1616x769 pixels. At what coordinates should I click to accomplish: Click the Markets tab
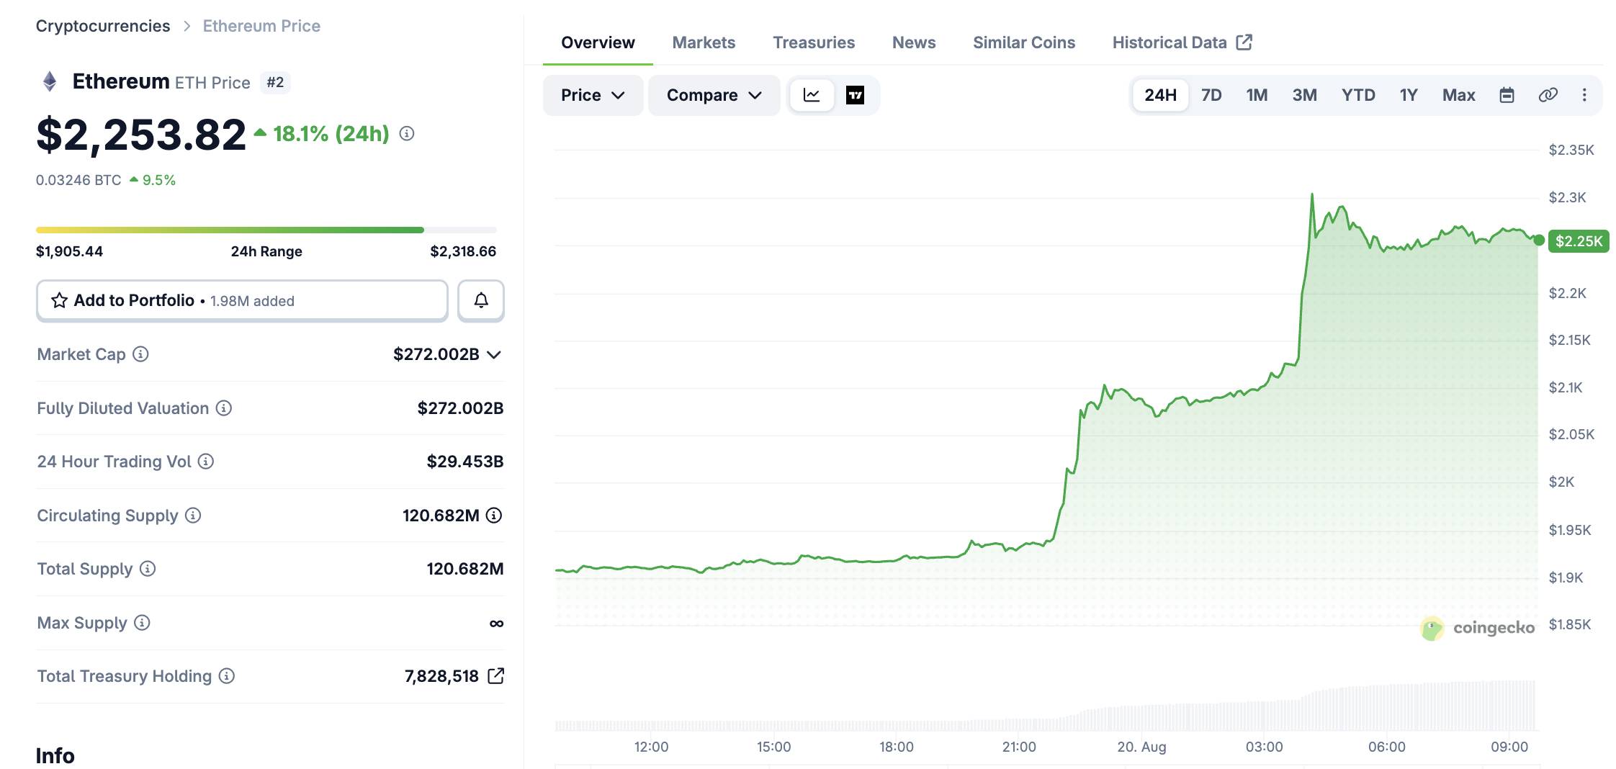[704, 42]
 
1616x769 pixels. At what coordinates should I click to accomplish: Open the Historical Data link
[1182, 42]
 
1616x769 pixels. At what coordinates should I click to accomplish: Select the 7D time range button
[1211, 95]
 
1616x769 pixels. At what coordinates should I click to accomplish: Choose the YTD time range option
[1358, 95]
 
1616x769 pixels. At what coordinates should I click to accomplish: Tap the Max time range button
[1458, 95]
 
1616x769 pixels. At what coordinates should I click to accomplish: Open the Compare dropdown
[714, 95]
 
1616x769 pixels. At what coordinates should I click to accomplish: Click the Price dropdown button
[592, 95]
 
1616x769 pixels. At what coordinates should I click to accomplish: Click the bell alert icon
[481, 300]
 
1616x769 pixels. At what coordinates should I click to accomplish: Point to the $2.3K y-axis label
[1567, 197]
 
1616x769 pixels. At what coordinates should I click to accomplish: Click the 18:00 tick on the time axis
[896, 747]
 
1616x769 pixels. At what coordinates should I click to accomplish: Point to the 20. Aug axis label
[1141, 747]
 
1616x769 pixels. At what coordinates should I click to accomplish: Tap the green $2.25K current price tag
[1579, 241]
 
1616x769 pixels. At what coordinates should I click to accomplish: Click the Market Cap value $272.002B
[436, 354]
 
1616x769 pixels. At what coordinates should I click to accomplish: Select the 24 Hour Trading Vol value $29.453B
[465, 462]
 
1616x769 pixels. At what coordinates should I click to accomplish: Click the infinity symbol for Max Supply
[496, 624]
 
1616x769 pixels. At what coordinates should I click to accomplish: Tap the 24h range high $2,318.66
[463, 251]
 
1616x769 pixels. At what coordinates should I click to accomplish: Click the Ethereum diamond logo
[50, 81]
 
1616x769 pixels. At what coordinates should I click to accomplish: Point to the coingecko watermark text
[1494, 628]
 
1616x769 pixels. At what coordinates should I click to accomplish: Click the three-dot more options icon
[1584, 95]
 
